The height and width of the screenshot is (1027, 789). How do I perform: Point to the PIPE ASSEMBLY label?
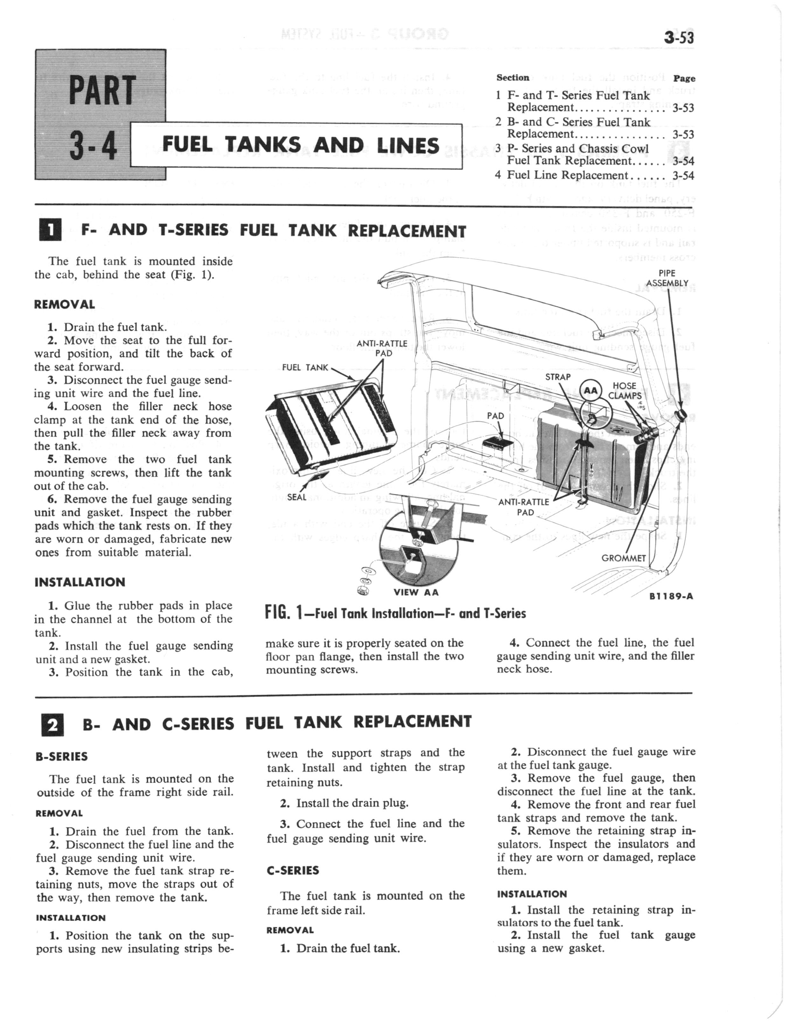667,278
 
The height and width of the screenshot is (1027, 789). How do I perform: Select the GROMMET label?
624,558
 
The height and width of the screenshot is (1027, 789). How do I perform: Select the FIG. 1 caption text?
395,613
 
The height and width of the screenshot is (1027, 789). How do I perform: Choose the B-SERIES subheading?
61,757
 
